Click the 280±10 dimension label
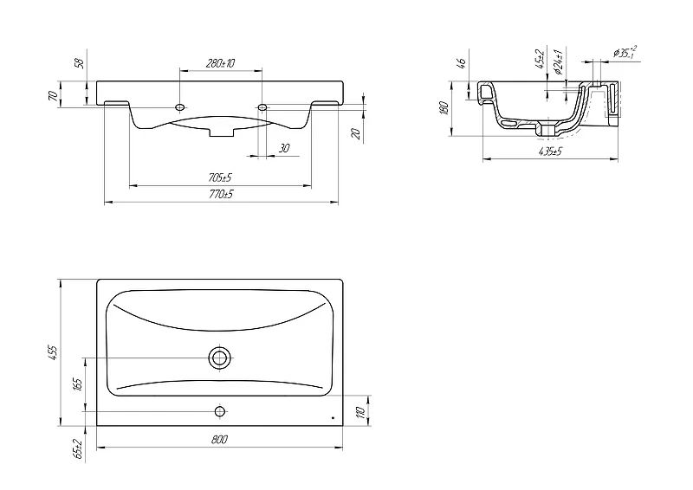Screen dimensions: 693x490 pos(220,63)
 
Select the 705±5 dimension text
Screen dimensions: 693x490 pos(220,177)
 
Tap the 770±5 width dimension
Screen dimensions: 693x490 pos(222,194)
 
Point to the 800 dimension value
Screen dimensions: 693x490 pos(219,439)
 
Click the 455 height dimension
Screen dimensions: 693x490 pos(53,352)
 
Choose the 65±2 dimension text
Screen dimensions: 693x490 pos(78,448)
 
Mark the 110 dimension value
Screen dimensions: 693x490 pos(360,411)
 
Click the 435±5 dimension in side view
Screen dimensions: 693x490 pos(550,152)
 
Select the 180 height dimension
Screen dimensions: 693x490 pos(444,108)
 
